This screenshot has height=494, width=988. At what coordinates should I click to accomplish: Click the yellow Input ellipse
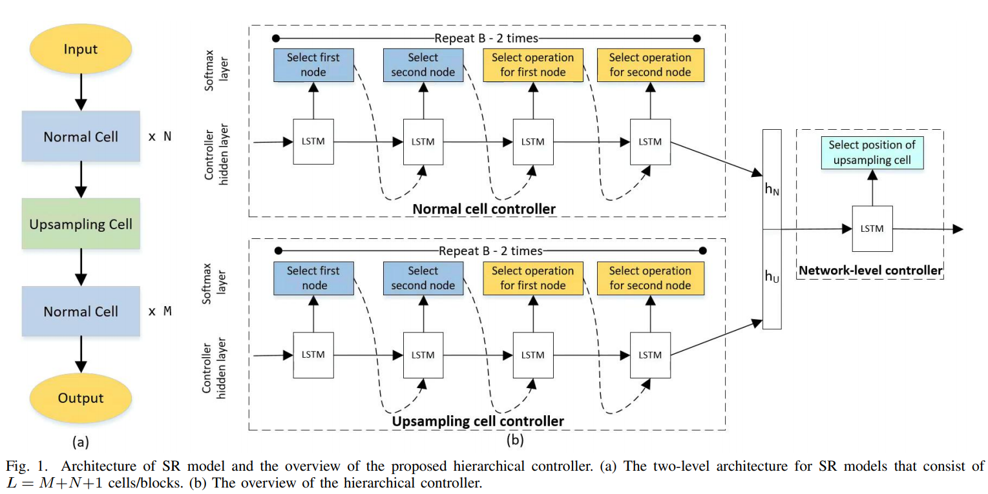81,50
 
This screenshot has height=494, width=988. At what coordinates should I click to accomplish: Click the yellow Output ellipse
81,398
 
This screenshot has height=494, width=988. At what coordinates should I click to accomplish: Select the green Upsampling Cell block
81,224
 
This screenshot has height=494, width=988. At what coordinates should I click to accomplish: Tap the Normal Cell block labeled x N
81,136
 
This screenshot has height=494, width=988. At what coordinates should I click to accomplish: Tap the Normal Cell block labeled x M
81,311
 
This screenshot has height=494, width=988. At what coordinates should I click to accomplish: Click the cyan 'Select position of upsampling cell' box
872,152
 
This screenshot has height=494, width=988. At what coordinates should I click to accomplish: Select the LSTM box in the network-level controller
872,229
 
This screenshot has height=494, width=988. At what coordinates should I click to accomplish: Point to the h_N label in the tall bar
772,191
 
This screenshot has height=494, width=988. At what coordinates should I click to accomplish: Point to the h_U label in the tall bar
772,276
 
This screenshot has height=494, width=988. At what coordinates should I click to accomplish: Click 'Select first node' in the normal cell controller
313,65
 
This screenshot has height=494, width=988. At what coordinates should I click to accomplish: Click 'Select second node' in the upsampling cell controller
423,278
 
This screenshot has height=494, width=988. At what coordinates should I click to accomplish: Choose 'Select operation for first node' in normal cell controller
533,65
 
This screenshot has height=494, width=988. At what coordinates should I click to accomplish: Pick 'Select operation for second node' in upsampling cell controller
650,278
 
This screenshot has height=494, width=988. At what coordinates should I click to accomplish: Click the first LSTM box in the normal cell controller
313,141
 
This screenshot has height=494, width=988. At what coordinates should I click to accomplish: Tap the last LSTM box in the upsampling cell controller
650,355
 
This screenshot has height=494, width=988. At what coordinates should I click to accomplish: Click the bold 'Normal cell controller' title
484,209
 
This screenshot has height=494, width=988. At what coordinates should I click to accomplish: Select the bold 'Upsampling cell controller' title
478,421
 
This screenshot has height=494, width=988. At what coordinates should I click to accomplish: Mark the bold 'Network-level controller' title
870,271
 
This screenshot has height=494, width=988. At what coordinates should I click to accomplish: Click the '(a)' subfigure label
80,442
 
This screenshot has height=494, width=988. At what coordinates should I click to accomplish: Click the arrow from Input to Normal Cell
81,92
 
